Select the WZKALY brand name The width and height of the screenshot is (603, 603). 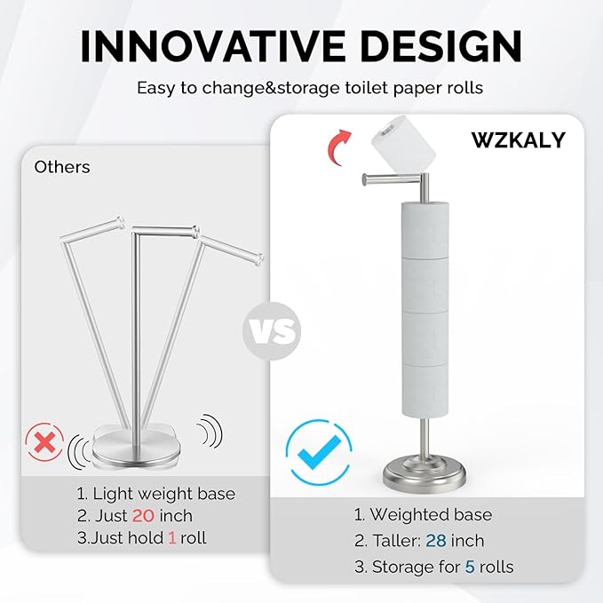pos(519,140)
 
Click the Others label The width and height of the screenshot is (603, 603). pos(62,167)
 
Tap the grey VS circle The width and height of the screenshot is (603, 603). pos(272,333)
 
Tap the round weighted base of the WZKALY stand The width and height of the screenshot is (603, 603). pos(425,470)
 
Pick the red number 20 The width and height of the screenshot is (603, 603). pos(145,516)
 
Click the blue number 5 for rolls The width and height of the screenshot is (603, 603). pos(470,567)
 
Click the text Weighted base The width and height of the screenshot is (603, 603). pos(430,515)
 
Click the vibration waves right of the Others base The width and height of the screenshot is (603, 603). pos(208,432)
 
